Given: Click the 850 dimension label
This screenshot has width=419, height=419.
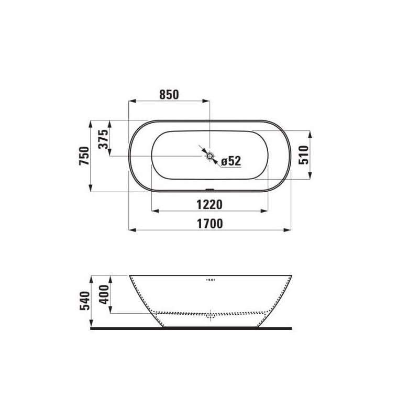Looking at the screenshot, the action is tap(169, 95).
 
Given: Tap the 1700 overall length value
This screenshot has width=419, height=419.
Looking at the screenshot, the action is tap(210, 224).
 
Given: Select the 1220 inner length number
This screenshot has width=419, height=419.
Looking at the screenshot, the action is tap(210, 205).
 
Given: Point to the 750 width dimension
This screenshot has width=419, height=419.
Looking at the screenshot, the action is tap(84, 156).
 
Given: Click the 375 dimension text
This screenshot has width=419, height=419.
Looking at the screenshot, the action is tap(103, 139).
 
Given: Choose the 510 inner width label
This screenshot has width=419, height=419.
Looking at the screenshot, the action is tap(303, 155).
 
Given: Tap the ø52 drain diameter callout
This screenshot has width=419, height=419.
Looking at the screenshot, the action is tap(231, 161).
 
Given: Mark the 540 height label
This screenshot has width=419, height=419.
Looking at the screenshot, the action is tap(85, 301).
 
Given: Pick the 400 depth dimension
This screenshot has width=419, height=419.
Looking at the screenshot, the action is tap(104, 294).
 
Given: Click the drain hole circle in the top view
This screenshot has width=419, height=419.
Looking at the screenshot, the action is tap(210, 156).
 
